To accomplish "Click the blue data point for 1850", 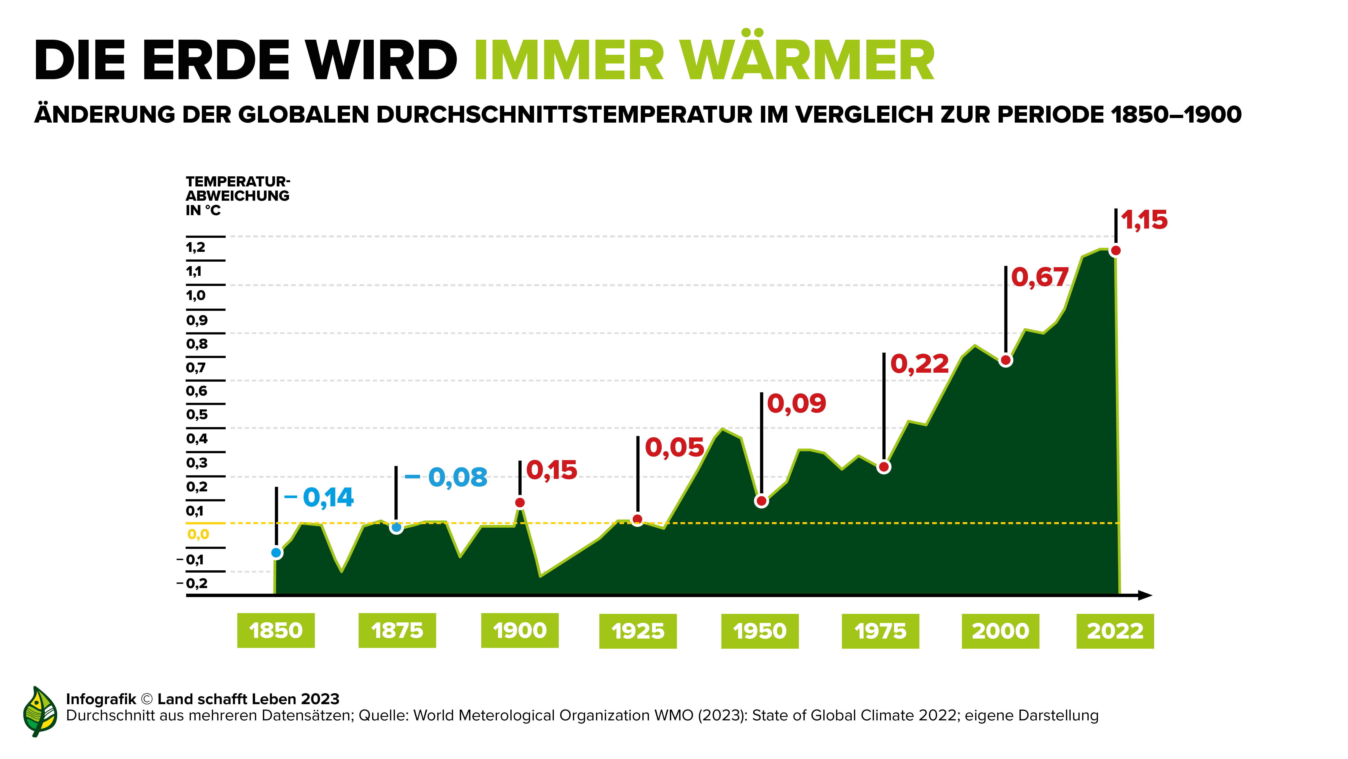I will click(x=276, y=553).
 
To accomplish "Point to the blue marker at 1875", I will click(x=397, y=528).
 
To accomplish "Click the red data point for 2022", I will click(x=1116, y=251).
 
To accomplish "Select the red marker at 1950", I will click(x=761, y=501).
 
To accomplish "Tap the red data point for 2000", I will click(x=1005, y=360).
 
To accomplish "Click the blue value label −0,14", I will click(x=319, y=497).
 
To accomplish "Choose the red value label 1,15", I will click(x=1144, y=220).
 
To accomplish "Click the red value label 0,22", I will click(x=919, y=364).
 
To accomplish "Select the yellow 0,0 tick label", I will click(x=198, y=534).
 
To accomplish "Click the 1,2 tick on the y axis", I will click(x=196, y=247).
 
